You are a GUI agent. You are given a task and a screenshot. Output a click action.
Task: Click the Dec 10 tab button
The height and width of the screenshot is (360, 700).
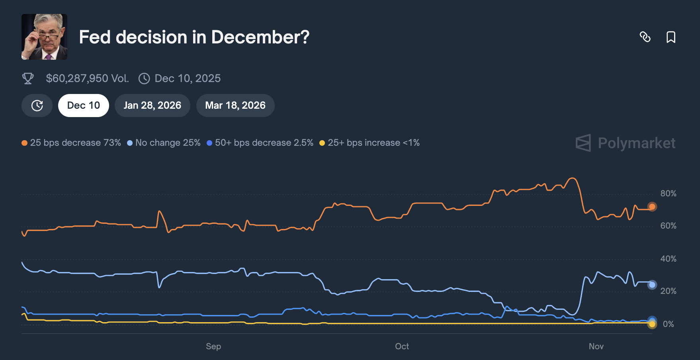(x=83, y=106)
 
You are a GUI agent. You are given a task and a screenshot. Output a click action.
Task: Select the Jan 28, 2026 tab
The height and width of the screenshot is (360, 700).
(x=152, y=106)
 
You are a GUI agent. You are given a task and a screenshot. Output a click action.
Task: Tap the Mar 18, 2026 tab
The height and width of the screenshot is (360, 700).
(x=235, y=106)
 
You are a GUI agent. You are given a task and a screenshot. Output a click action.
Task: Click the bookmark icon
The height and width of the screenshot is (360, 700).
(x=671, y=37)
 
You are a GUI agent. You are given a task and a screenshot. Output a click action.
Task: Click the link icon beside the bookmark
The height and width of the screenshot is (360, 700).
(x=645, y=37)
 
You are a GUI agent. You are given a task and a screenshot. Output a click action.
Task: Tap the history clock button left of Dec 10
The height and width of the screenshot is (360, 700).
(x=37, y=106)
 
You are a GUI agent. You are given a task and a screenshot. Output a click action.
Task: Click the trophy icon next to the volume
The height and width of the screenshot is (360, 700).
(x=28, y=78)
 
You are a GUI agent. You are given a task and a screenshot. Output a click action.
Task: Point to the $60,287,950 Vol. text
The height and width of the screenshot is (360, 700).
(x=87, y=78)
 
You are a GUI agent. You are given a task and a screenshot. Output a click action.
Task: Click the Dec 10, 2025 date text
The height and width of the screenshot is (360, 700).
(x=187, y=78)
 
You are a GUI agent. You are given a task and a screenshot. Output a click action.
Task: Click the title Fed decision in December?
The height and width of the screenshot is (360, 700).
(x=194, y=37)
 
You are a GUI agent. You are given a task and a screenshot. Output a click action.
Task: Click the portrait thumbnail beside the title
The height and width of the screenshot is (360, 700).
(x=44, y=37)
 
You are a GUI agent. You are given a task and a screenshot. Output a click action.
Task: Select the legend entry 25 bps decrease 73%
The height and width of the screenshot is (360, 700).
(x=71, y=143)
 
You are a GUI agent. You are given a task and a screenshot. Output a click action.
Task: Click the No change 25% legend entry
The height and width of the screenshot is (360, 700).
(x=164, y=143)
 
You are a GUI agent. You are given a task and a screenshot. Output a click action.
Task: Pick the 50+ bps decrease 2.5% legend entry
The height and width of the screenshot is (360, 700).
(x=260, y=143)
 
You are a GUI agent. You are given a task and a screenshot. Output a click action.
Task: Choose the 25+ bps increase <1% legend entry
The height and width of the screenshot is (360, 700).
(x=370, y=143)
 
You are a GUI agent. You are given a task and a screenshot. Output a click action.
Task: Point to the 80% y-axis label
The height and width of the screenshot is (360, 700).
(x=668, y=194)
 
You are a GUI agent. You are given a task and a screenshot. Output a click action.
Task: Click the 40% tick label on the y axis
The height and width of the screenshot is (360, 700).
(x=668, y=259)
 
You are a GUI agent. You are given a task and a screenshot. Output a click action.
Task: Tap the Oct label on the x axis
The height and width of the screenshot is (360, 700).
(x=402, y=346)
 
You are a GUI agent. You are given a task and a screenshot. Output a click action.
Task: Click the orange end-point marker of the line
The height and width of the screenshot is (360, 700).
(x=652, y=207)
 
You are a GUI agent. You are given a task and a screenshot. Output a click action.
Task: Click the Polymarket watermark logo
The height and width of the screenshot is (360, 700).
(x=626, y=143)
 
